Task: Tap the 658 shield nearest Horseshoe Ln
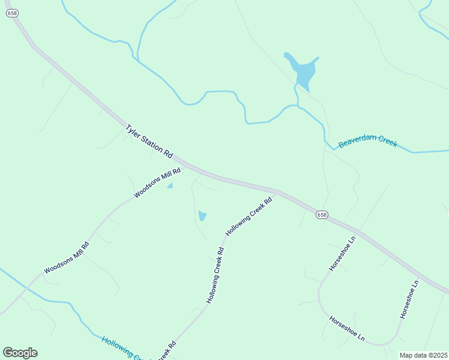pyautogui.click(x=322, y=214)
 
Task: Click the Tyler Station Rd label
pyautogui.click(x=149, y=142)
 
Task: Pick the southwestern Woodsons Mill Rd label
pyautogui.click(x=67, y=258)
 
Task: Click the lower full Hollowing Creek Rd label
pyautogui.click(x=215, y=276)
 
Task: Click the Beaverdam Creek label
pyautogui.click(x=367, y=142)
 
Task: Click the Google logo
pyautogui.click(x=20, y=353)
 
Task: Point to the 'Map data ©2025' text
pyautogui.click(x=423, y=355)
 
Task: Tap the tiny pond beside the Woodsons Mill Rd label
pyautogui.click(x=170, y=186)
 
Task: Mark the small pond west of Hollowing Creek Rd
pyautogui.click(x=202, y=215)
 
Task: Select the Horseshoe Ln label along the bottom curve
pyautogui.click(x=347, y=328)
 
